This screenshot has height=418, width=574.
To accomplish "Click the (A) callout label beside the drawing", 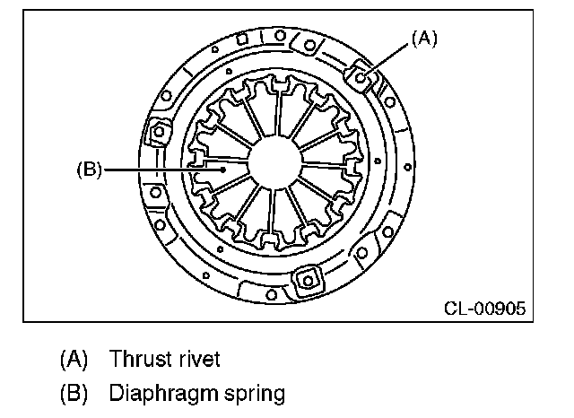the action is (x=424, y=39).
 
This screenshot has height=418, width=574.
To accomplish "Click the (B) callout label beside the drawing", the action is (x=91, y=168).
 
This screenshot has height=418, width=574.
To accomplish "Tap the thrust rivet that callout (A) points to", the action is (x=361, y=77).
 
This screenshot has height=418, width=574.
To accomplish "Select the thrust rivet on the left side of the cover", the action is (x=160, y=133).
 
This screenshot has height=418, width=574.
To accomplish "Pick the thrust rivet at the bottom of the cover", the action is (x=307, y=281).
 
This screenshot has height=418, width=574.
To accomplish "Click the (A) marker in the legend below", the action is (x=74, y=360).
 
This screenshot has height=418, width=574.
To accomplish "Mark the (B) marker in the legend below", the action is (x=74, y=393).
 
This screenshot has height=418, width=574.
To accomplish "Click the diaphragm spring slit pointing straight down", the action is (x=271, y=220).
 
